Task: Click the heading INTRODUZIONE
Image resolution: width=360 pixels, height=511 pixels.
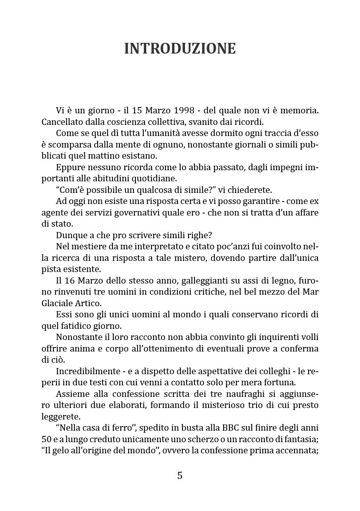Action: pyautogui.click(x=180, y=49)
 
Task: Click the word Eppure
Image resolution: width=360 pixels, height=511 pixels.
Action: pyautogui.click(x=69, y=168)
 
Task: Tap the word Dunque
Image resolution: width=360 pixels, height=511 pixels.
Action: pyautogui.click(x=70, y=235)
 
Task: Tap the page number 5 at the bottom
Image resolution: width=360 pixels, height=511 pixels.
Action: pyautogui.click(x=180, y=475)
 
